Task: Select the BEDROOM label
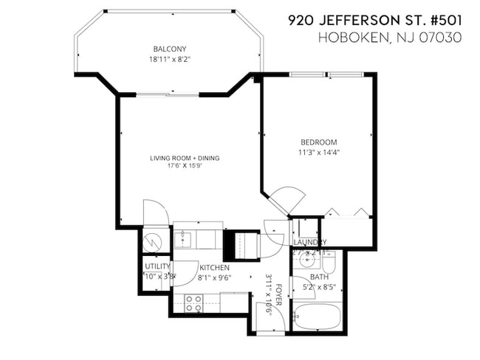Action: [x=318, y=142]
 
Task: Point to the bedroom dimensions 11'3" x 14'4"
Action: [x=318, y=152]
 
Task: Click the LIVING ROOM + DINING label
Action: [x=185, y=158]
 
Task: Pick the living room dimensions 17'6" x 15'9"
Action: [x=185, y=166]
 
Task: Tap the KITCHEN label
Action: [x=214, y=268]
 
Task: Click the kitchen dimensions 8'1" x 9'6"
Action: [x=214, y=277]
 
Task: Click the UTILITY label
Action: [x=157, y=266]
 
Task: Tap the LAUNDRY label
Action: [x=309, y=243]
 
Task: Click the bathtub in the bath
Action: [x=317, y=318]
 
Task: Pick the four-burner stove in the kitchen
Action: [x=193, y=303]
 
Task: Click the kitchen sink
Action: [x=183, y=238]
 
